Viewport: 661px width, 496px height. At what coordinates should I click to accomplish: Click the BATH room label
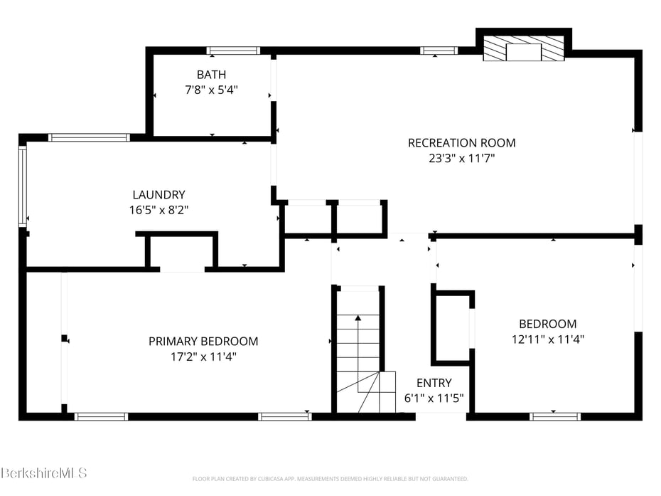tap(211, 75)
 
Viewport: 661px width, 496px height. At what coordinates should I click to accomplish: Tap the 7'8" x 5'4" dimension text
tap(211, 90)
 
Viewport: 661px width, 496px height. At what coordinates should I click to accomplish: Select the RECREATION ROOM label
tap(461, 143)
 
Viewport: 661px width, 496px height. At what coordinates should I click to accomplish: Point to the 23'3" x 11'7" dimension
tap(461, 158)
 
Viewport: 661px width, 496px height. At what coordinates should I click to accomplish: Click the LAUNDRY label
tap(158, 194)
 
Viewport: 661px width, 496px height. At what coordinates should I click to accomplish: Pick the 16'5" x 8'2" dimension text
tap(158, 210)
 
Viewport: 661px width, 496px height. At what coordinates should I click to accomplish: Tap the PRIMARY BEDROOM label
tap(203, 342)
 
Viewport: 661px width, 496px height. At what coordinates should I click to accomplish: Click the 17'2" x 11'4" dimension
tap(203, 357)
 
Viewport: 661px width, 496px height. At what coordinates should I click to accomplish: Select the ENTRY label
tap(434, 383)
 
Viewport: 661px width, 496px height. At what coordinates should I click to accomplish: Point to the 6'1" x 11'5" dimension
tap(434, 398)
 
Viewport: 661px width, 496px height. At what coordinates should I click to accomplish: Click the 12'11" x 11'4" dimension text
tap(547, 339)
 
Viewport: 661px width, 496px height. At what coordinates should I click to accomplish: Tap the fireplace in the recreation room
tap(523, 48)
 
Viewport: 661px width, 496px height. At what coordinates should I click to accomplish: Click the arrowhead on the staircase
tap(358, 317)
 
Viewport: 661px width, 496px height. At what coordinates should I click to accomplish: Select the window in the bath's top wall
tap(233, 51)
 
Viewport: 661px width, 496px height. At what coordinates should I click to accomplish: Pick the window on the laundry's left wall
tap(23, 186)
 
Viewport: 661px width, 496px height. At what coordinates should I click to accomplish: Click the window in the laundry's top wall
tap(89, 137)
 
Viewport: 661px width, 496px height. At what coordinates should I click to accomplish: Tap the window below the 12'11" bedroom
tap(555, 416)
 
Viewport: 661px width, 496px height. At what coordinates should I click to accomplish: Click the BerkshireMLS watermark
tap(43, 473)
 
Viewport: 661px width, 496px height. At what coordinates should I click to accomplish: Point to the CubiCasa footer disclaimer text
tap(330, 479)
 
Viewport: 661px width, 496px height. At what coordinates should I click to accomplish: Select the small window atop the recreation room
tap(439, 51)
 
